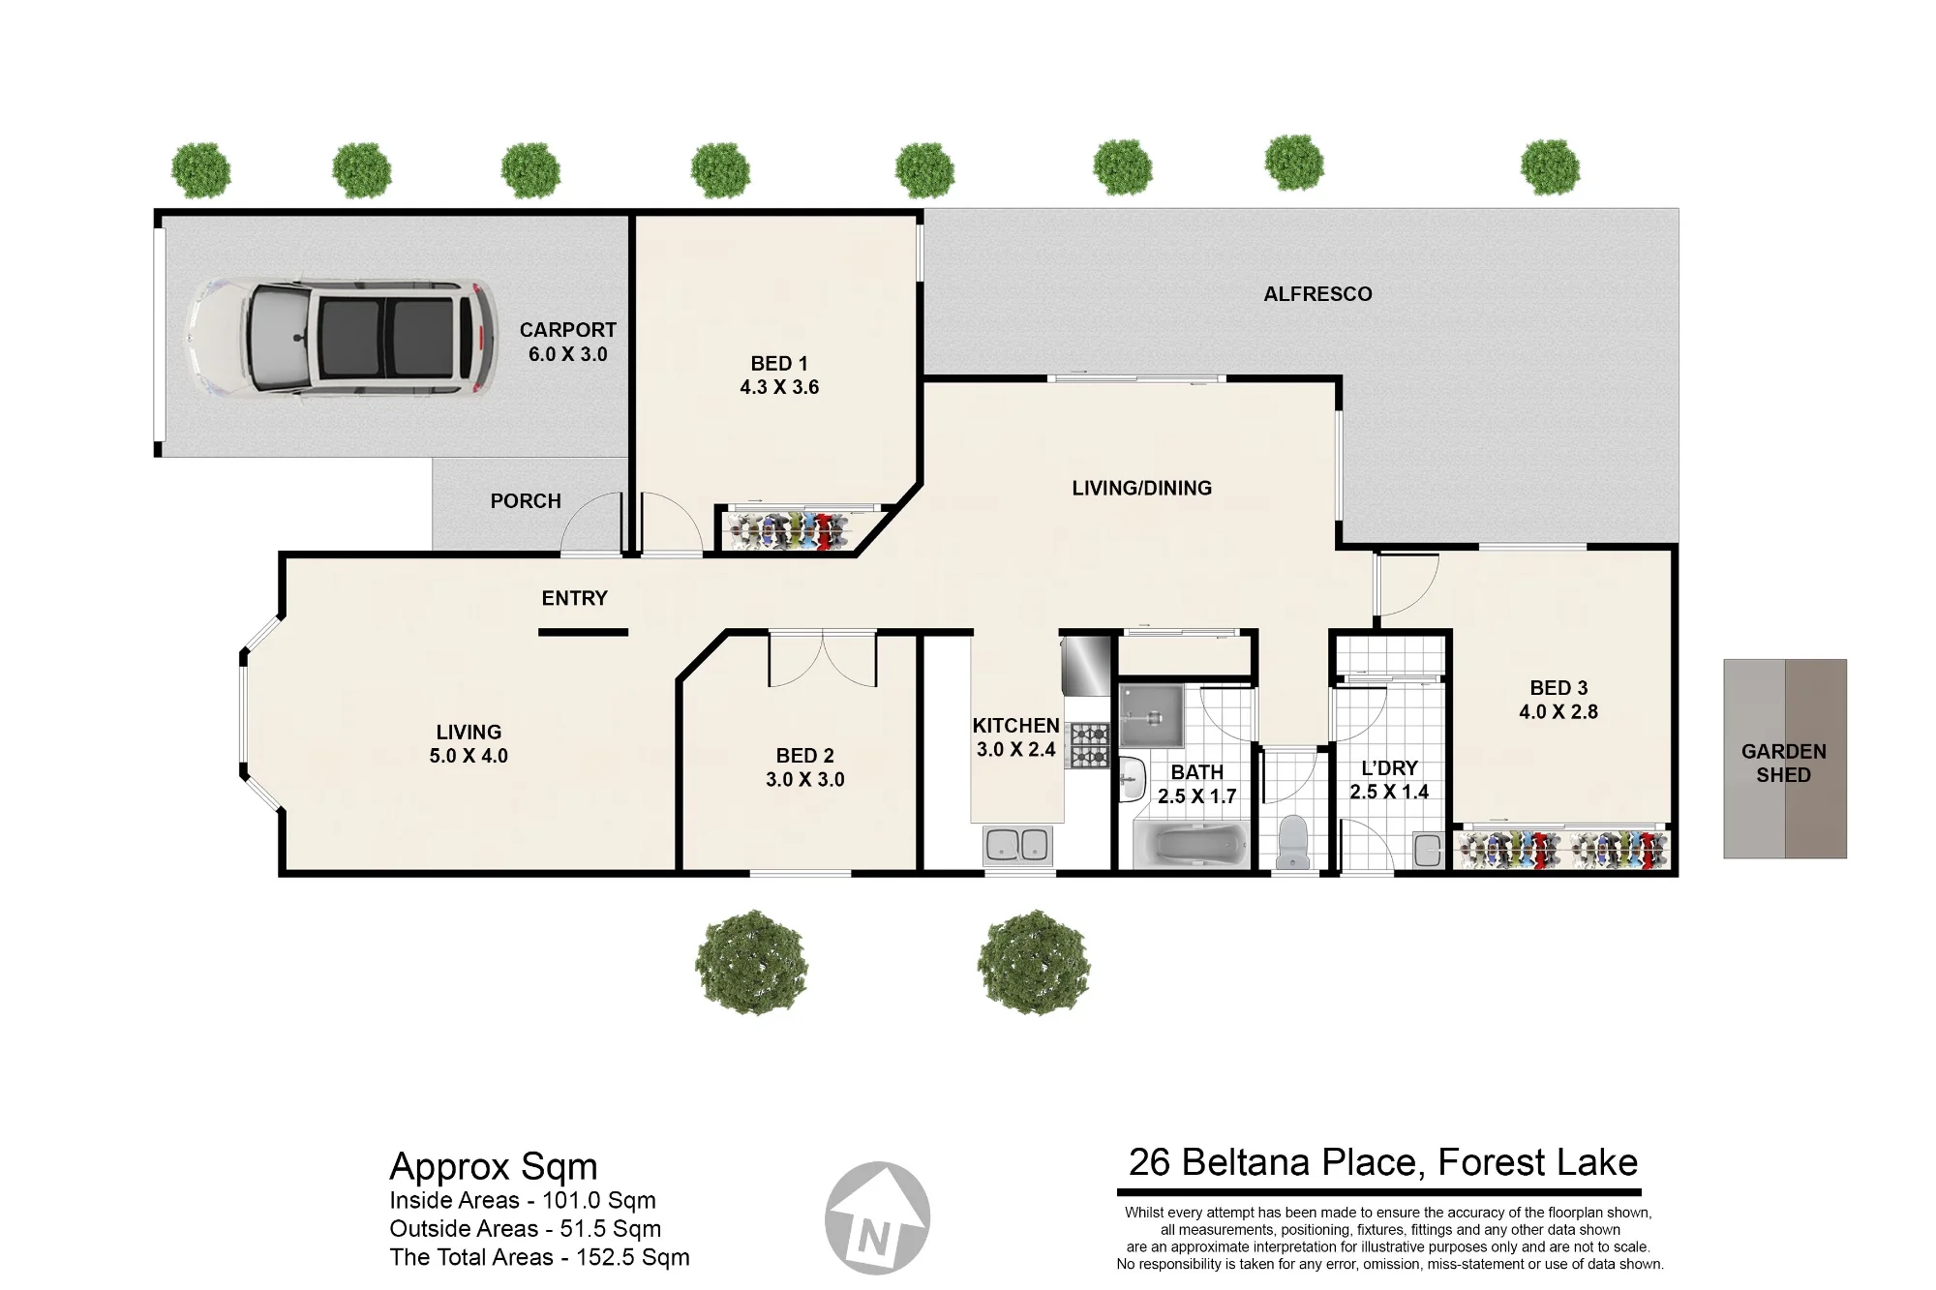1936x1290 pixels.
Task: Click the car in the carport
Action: click(x=342, y=337)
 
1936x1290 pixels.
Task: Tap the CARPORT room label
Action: click(x=567, y=330)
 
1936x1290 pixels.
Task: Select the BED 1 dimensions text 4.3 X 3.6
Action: click(x=779, y=387)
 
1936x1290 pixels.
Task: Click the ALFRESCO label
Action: click(x=1317, y=294)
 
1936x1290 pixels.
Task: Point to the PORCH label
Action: click(x=526, y=501)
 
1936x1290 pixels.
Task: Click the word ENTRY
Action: click(x=574, y=598)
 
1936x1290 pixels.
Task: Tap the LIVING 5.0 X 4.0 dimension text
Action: click(x=469, y=756)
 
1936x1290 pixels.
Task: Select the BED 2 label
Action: click(x=804, y=756)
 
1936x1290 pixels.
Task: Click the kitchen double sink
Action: click(x=1017, y=846)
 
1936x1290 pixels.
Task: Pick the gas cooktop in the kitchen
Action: click(x=1089, y=745)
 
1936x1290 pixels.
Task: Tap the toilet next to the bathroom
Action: click(x=1292, y=842)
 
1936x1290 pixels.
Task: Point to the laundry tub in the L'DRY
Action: click(x=1428, y=849)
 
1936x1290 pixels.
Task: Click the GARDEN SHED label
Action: click(x=1784, y=764)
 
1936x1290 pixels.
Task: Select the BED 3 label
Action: click(x=1558, y=688)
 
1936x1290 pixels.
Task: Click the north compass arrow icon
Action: click(x=877, y=1217)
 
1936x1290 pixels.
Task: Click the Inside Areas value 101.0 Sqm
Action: click(x=599, y=1201)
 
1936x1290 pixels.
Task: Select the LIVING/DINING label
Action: click(x=1141, y=489)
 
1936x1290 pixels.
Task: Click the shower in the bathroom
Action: click(x=1152, y=717)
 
